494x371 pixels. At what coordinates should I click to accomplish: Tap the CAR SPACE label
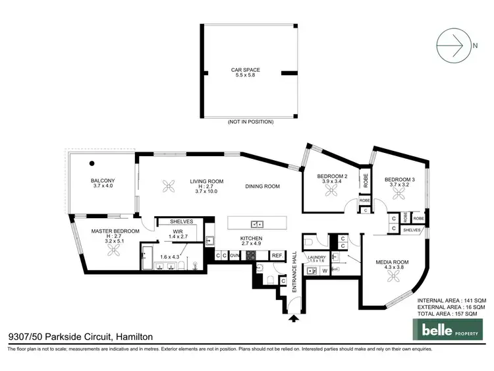(x=245, y=69)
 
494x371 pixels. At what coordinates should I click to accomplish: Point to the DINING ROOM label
(x=263, y=186)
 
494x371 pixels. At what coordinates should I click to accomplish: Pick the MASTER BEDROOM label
(x=115, y=231)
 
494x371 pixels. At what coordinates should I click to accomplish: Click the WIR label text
(x=178, y=231)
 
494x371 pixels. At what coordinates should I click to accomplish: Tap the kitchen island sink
(x=258, y=223)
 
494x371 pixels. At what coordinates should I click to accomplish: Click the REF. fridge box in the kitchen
(x=277, y=255)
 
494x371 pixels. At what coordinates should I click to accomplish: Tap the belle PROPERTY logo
(x=445, y=328)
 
